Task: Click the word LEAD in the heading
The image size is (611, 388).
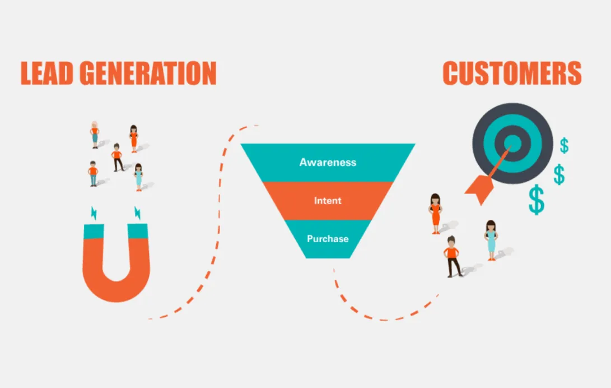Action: click(x=46, y=73)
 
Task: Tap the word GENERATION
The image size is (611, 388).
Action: click(x=148, y=73)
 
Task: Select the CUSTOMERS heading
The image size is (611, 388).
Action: click(x=512, y=73)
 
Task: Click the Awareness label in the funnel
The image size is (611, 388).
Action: click(x=328, y=162)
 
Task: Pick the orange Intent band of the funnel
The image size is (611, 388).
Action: click(x=328, y=200)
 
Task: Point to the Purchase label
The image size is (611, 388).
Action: click(x=328, y=239)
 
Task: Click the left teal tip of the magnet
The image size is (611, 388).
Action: click(x=94, y=231)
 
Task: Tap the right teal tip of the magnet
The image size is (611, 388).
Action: click(x=138, y=231)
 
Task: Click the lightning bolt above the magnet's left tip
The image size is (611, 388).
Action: click(x=94, y=213)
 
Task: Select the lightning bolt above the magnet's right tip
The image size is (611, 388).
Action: click(x=138, y=213)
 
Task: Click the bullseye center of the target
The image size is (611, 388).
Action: click(x=513, y=143)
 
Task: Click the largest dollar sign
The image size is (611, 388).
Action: click(x=537, y=200)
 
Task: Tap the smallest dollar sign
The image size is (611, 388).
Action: click(x=564, y=145)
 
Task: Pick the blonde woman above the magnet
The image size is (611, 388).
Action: click(x=95, y=135)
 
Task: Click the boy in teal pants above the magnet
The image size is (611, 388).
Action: click(x=93, y=174)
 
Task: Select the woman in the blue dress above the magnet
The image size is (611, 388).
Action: click(x=138, y=177)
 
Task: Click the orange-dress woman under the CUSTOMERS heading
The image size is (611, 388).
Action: click(x=435, y=214)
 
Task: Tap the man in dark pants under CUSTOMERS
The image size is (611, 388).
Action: click(x=453, y=257)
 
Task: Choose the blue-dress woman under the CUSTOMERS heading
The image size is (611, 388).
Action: click(x=491, y=240)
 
